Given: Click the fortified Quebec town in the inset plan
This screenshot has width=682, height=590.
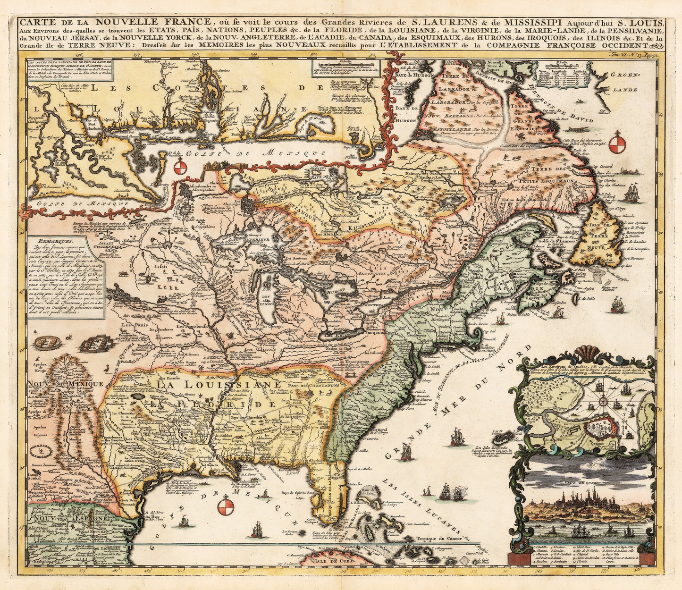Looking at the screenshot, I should point(598,428).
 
